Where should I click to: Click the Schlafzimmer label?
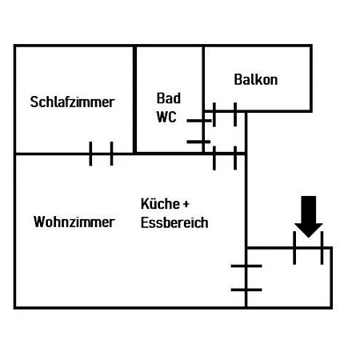(x=72, y=102)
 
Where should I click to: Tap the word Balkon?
(x=256, y=79)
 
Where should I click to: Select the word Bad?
(x=169, y=98)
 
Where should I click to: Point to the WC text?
(x=166, y=117)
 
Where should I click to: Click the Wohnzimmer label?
(x=74, y=222)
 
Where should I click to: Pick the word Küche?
(x=160, y=204)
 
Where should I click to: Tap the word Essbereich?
(x=174, y=222)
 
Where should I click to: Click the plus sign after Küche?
(x=186, y=204)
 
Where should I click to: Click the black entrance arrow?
(x=309, y=217)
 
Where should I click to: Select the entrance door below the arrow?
(x=308, y=248)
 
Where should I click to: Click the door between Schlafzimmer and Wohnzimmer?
(x=101, y=154)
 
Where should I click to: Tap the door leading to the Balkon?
(x=225, y=111)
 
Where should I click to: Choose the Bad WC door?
(x=203, y=131)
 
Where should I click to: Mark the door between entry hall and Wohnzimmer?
(x=246, y=278)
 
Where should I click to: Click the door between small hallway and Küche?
(x=225, y=154)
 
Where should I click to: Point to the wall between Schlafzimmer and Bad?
(x=134, y=99)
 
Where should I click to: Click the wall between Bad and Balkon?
(x=203, y=78)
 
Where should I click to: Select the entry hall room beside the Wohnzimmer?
(x=289, y=278)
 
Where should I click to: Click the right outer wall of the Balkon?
(x=310, y=78)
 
